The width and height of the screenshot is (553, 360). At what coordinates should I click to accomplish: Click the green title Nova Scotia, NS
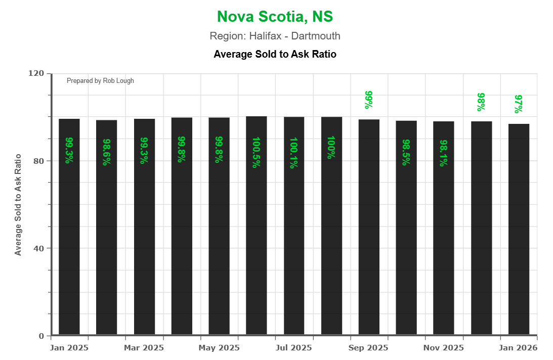tap(275, 17)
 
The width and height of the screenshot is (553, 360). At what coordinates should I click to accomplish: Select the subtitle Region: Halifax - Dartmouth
tap(275, 36)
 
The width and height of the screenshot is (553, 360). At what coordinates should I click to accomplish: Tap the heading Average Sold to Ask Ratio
tap(275, 54)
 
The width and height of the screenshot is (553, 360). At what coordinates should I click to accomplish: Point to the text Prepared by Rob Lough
tap(100, 81)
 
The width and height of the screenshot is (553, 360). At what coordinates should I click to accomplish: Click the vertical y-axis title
tap(18, 204)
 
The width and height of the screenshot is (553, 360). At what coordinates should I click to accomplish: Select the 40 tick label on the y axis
tap(39, 248)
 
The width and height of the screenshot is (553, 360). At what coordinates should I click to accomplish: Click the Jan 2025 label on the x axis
tap(69, 348)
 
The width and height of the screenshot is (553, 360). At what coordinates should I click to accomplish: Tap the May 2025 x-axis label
tap(219, 348)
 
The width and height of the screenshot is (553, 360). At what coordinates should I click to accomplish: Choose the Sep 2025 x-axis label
tap(369, 348)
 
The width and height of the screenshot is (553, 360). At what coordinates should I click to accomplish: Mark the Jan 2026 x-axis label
tap(519, 348)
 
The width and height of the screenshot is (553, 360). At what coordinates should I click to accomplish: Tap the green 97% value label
tap(519, 104)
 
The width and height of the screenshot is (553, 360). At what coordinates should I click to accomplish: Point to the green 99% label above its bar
tap(369, 100)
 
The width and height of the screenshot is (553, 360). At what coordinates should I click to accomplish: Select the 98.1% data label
tap(444, 153)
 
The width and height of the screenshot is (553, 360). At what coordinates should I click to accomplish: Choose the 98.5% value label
tap(406, 153)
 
